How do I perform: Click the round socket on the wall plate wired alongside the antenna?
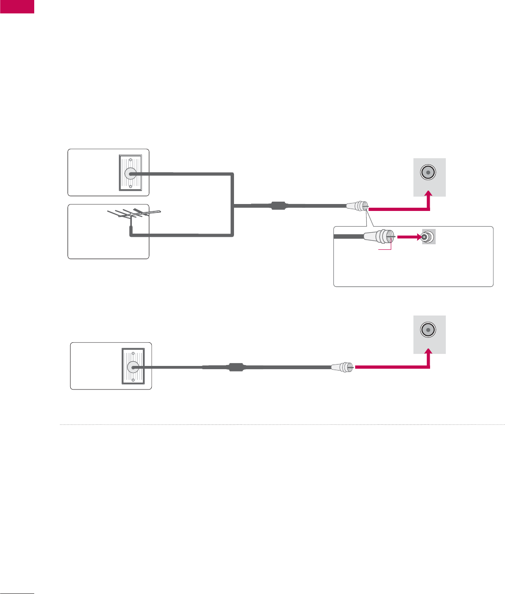tap(130, 173)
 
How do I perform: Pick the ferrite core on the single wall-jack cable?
tap(236, 368)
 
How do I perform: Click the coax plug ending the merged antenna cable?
tap(357, 206)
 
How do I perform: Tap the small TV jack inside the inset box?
tap(428, 237)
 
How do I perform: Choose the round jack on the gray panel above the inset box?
tap(428, 173)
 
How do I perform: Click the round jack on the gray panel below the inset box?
tap(428, 330)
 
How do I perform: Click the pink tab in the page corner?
tap(17, 6)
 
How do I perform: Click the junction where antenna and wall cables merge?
tap(234, 206)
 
